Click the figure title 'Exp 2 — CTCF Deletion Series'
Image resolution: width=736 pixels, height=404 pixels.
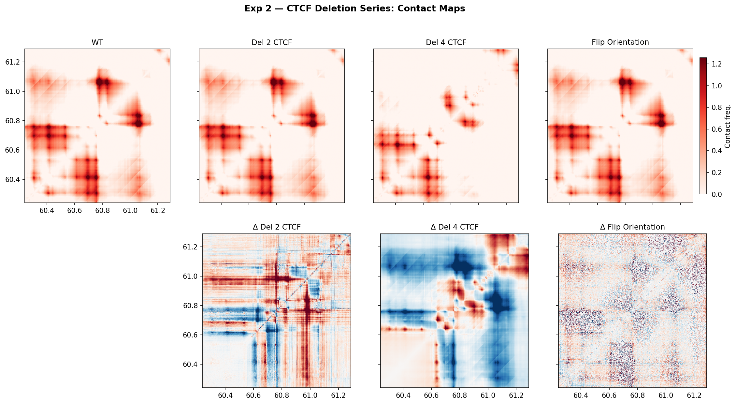pyautogui.click(x=354, y=8)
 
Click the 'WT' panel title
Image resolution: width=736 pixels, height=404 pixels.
pyautogui.click(x=97, y=42)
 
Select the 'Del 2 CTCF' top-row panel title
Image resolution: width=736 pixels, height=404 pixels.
pyautogui.click(x=271, y=42)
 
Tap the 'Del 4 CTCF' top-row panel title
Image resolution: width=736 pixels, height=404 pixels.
pyautogui.click(x=446, y=42)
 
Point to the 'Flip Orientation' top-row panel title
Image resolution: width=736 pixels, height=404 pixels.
pyautogui.click(x=620, y=42)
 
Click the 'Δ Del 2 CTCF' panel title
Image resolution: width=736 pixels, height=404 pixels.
pyautogui.click(x=277, y=227)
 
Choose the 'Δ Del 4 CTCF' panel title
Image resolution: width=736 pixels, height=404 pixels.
pyautogui.click(x=455, y=227)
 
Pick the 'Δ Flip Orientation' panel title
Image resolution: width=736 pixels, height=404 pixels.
pyautogui.click(x=632, y=227)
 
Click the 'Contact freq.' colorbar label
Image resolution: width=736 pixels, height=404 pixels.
pyautogui.click(x=728, y=126)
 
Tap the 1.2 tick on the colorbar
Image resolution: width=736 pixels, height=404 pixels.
pyautogui.click(x=716, y=64)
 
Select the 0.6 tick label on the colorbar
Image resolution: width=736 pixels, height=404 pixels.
pyautogui.click(x=716, y=129)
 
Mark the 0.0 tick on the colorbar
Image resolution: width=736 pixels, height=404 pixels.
pyautogui.click(x=716, y=194)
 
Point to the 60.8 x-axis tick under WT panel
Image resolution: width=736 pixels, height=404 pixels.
pyautogui.click(x=102, y=211)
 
